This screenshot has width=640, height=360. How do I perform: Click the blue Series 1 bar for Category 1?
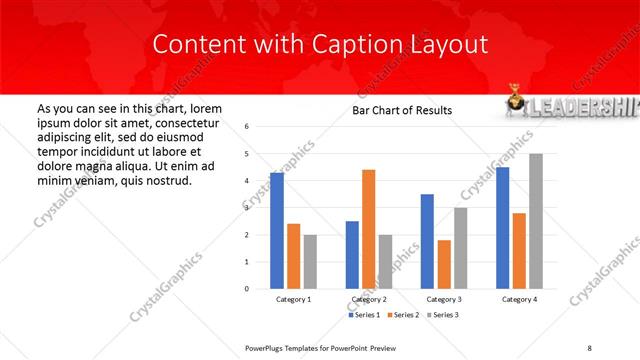pyautogui.click(x=277, y=230)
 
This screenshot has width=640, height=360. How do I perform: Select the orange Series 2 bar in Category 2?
pyautogui.click(x=368, y=229)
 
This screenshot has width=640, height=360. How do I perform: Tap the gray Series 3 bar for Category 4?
pyautogui.click(x=536, y=221)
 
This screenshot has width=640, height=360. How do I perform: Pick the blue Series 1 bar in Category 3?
pyautogui.click(x=427, y=241)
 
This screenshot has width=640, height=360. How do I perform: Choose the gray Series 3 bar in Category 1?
pyautogui.click(x=310, y=261)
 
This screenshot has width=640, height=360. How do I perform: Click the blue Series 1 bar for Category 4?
pyautogui.click(x=502, y=228)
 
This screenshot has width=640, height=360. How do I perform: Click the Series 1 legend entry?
pyautogui.click(x=364, y=315)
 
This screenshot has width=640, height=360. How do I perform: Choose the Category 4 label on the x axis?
pyautogui.click(x=519, y=299)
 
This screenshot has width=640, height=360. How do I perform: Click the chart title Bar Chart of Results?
pyautogui.click(x=401, y=110)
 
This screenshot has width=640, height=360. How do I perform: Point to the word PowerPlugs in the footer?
pyautogui.click(x=267, y=347)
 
